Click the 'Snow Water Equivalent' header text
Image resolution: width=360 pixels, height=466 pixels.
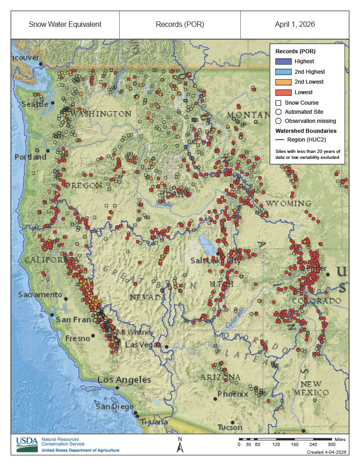tap(65, 25)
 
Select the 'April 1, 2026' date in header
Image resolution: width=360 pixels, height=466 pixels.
tap(294, 25)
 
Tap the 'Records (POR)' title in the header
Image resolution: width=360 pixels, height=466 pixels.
tap(180, 25)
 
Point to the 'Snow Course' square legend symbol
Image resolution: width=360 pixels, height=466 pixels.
tap(278, 103)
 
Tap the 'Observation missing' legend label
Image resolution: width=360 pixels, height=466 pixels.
tap(310, 121)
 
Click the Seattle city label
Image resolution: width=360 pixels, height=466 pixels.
tap(35, 104)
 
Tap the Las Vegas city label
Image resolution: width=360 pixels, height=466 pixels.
tap(140, 345)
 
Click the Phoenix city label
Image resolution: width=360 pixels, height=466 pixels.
tap(233, 394)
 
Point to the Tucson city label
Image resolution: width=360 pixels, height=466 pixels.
tap(230, 427)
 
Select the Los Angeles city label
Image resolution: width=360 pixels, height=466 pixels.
tap(124, 380)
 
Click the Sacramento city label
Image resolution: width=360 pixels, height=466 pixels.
tap(40, 295)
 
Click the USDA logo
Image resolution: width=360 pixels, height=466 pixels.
tap(27, 444)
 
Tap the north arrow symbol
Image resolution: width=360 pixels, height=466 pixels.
tap(180, 446)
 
